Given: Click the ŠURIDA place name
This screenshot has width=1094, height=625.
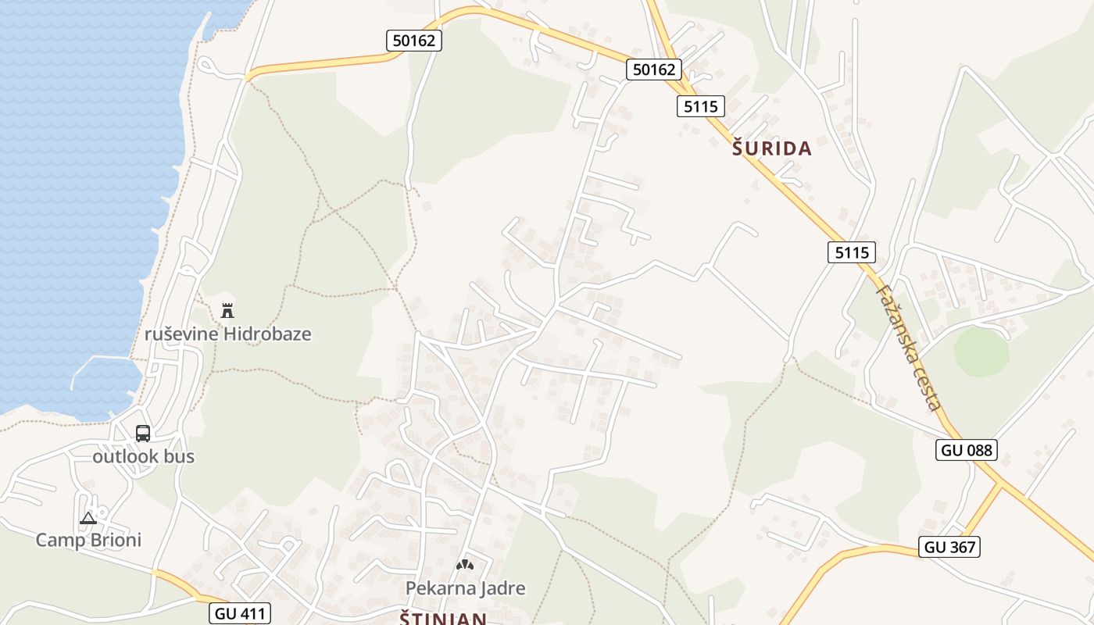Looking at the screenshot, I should tap(772, 148).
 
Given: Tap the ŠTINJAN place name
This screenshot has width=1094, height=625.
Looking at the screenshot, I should tap(443, 619).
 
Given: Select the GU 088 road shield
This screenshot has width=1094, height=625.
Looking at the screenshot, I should tap(966, 450).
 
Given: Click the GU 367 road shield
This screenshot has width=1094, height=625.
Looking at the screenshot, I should tap(949, 547).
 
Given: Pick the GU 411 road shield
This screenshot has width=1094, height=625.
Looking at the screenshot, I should tap(240, 614).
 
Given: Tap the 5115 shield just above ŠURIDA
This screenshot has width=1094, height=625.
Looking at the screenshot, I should tap(700, 106).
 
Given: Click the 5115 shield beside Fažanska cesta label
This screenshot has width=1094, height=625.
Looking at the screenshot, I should tap(851, 252).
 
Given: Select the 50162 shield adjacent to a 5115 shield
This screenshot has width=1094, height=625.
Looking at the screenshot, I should tap(653, 70).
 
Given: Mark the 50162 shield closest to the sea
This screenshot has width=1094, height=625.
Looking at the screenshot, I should tap(414, 41).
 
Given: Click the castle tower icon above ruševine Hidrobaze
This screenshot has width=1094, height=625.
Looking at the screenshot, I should tap(227, 311).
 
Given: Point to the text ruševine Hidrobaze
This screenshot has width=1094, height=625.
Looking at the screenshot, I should tap(228, 334).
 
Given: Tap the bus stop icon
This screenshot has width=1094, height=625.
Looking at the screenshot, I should tap(143, 434).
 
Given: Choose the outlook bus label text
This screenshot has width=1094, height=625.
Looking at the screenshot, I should tap(144, 456).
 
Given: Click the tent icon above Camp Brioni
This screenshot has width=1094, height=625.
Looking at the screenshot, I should tap(88, 518).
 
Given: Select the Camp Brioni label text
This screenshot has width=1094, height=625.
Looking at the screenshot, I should tap(89, 540).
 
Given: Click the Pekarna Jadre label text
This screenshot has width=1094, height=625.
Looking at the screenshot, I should tap(465, 588).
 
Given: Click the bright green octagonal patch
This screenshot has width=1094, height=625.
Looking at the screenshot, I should tap(981, 352).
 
